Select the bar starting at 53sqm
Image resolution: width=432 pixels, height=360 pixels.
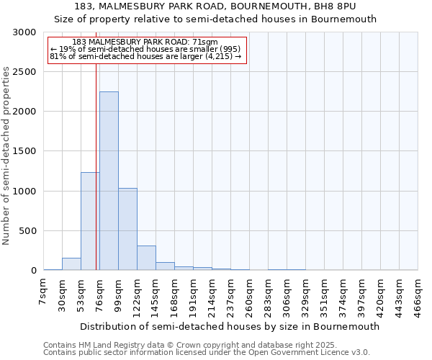point(90,221)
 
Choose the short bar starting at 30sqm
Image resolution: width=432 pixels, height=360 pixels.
point(71,264)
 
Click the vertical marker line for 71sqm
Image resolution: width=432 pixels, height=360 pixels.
point(96,166)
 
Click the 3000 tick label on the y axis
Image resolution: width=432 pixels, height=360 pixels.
point(24,32)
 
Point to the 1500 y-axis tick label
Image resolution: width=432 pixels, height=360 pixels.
point(24,151)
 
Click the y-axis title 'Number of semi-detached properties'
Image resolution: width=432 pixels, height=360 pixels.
point(7,156)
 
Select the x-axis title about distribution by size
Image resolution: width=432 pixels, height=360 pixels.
point(230,326)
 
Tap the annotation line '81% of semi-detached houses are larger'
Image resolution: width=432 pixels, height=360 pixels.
point(145,55)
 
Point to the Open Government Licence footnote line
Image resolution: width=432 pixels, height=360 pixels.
point(207,353)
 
